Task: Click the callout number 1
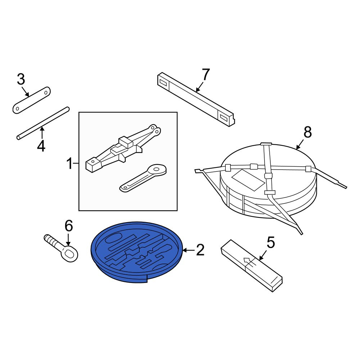tap(70, 163)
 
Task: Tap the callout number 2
tap(200, 250)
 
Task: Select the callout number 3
tap(21, 80)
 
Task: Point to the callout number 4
tap(41, 146)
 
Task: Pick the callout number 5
tap(271, 243)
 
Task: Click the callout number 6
tap(69, 226)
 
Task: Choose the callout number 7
tap(206, 75)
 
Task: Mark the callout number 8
tap(308, 132)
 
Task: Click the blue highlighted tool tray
tap(136, 252)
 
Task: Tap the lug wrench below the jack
tap(143, 178)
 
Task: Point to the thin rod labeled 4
tap(43, 123)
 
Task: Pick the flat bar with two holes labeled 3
tap(31, 100)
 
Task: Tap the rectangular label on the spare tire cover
tap(248, 180)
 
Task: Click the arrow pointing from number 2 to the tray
tap(189, 250)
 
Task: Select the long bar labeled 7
tap(196, 99)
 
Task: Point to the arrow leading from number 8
tap(300, 144)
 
